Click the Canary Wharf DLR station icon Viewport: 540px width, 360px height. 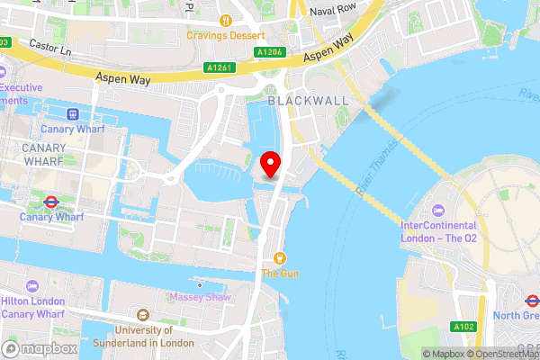pos(72,114)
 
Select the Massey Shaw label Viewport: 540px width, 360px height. pos(199,297)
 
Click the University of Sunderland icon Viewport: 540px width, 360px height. pos(142,314)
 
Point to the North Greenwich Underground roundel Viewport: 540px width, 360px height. pos(532,300)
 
